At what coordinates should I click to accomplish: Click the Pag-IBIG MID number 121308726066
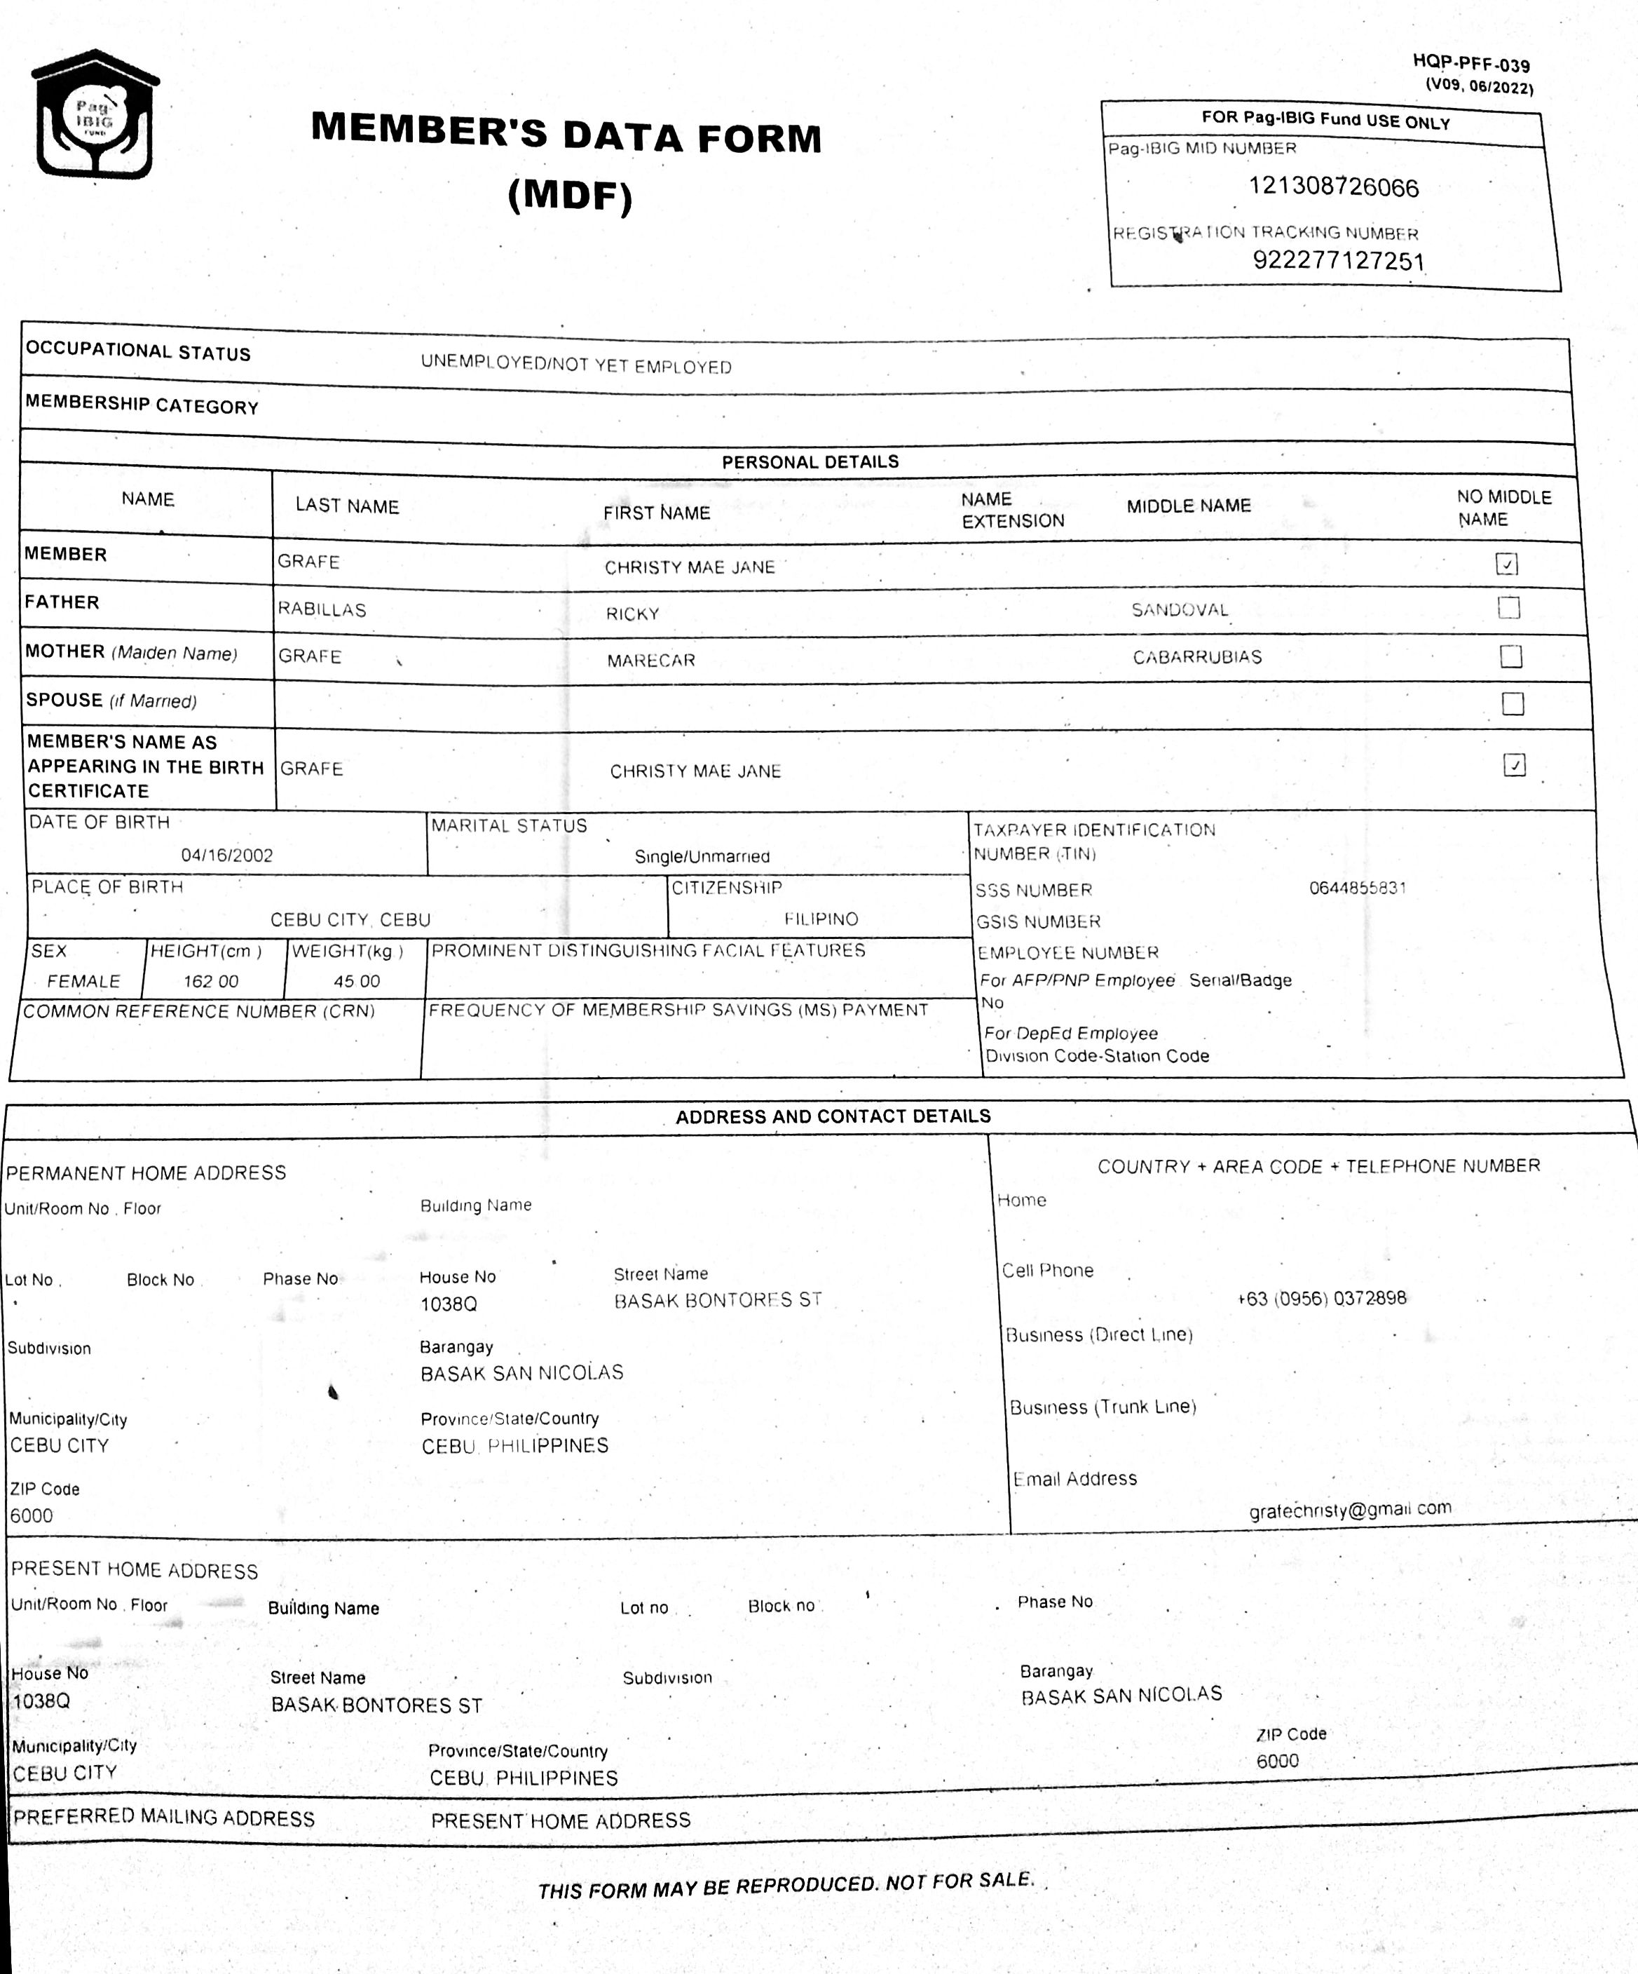click(1332, 187)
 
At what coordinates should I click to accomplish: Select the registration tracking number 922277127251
click(1338, 260)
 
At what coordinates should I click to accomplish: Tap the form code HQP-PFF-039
click(1470, 64)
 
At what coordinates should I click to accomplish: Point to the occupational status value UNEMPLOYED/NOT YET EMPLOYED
click(575, 365)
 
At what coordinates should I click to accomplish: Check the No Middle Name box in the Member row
click(1506, 564)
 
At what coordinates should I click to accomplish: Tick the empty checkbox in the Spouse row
click(1512, 703)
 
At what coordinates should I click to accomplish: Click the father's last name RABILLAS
click(322, 609)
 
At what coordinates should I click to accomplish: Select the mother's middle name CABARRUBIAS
click(1196, 657)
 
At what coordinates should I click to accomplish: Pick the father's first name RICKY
click(632, 614)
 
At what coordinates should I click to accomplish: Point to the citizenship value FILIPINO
click(821, 919)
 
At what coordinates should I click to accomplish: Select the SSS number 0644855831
click(1357, 887)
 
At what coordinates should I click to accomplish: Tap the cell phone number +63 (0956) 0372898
click(1321, 1298)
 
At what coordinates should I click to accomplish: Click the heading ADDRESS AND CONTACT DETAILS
click(833, 1116)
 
